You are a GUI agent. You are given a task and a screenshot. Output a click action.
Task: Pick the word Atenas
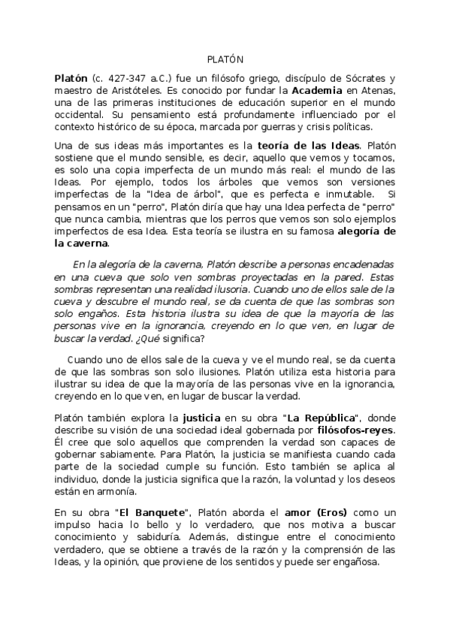point(375,90)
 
